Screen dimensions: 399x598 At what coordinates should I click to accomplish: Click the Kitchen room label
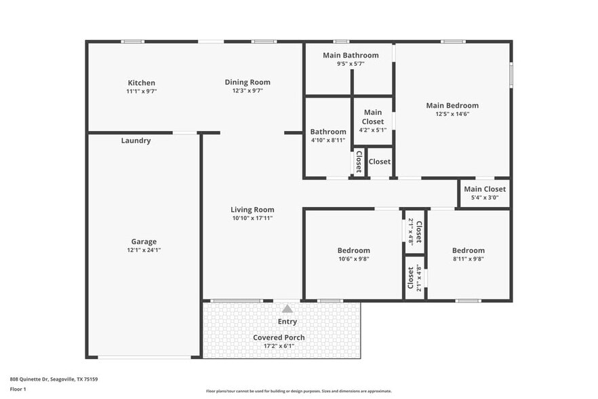click(141, 83)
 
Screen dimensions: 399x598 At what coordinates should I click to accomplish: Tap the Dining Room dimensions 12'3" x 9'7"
click(247, 91)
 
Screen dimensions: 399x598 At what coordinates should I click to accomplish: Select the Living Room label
click(252, 210)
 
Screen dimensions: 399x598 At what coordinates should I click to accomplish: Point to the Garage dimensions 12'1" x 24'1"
click(144, 250)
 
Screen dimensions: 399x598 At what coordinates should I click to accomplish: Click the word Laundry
click(136, 140)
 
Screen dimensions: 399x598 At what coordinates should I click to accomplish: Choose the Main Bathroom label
click(351, 55)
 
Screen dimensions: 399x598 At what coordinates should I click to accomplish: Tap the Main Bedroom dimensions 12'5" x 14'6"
click(452, 114)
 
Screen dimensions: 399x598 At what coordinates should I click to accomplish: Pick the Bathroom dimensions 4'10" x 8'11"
click(328, 140)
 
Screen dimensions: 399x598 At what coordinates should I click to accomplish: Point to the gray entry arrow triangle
click(287, 309)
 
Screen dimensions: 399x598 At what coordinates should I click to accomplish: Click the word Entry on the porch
click(287, 322)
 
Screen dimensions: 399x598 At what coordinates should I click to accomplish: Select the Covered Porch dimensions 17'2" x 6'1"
click(279, 346)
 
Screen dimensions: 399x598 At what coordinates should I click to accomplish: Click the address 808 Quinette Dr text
click(54, 379)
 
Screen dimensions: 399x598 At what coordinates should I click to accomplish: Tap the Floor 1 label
click(18, 389)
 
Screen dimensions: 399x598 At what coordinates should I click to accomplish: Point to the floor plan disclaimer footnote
click(298, 391)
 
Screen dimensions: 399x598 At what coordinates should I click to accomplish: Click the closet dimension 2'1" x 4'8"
click(412, 231)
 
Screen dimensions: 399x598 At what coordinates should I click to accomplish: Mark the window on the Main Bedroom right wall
click(511, 74)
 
